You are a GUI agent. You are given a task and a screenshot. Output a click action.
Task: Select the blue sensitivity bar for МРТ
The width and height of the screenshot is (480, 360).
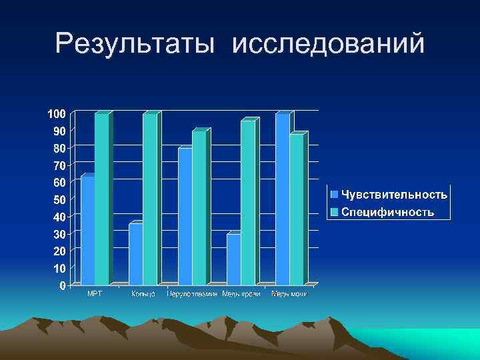click(x=87, y=230)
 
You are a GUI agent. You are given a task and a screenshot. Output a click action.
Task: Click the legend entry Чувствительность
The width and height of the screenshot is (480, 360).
click(x=394, y=195)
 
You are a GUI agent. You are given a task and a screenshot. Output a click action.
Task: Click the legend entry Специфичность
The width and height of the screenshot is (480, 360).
click(x=388, y=212)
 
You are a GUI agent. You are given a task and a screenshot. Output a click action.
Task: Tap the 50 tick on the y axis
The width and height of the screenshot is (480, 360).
click(x=59, y=199)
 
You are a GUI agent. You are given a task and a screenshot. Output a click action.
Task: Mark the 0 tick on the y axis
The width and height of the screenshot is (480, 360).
click(x=62, y=286)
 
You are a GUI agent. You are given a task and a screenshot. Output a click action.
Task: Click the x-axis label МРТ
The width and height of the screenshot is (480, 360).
click(x=95, y=294)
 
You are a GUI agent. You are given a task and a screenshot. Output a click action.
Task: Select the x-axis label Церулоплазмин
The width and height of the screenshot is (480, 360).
click(x=193, y=294)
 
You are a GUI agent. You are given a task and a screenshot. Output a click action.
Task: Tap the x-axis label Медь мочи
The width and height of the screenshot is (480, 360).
click(x=289, y=294)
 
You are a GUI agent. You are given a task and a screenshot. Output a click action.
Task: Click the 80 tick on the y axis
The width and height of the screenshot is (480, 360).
click(x=59, y=148)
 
